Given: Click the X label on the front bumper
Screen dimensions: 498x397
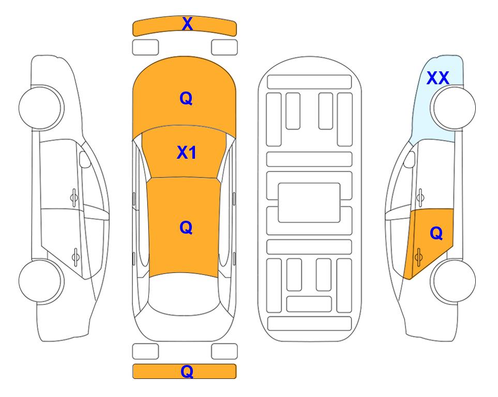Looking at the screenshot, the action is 187,23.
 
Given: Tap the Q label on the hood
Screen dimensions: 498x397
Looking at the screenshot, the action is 186,98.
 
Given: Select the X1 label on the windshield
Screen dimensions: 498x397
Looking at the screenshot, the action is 187,152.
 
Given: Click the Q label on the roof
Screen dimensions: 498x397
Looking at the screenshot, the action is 186,227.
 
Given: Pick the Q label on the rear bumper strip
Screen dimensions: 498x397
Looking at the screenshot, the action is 187,371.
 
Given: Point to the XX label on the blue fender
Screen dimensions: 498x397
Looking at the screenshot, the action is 438,78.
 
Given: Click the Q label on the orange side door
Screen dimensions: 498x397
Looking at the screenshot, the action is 436,233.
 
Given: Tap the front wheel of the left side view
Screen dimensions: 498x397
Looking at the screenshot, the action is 41,108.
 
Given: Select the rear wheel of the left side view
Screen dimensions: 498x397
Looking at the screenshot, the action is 41,281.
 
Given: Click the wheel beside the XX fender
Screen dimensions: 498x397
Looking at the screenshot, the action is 453,108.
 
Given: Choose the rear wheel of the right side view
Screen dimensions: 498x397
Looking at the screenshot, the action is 453,281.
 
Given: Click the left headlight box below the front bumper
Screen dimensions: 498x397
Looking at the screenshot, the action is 145,48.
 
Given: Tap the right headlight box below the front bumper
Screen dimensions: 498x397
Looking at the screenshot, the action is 224,48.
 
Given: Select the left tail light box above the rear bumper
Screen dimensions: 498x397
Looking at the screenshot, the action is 145,352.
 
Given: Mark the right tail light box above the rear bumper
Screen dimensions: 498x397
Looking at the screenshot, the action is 224,352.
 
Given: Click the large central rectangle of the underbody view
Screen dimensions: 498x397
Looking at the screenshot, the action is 309,203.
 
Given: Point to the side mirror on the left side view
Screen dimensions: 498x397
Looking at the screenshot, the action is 84,159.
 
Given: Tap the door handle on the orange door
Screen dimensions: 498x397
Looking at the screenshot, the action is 418,257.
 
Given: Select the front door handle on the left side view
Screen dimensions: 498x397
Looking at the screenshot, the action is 74,198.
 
